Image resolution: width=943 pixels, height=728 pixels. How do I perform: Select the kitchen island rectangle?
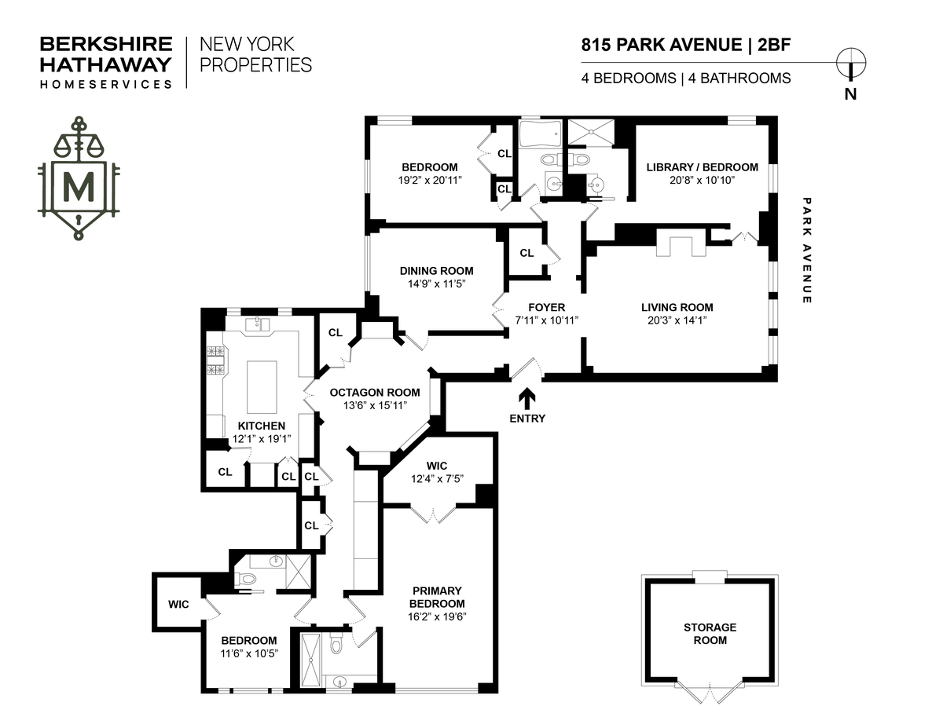(x=262, y=386)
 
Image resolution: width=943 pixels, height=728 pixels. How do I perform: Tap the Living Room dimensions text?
(x=677, y=321)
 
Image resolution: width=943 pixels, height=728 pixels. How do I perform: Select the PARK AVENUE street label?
(x=806, y=251)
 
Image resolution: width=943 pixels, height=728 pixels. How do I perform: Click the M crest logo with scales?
(x=78, y=179)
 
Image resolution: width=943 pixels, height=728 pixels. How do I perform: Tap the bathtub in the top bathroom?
(x=539, y=134)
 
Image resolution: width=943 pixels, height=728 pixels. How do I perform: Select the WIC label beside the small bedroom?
(x=178, y=605)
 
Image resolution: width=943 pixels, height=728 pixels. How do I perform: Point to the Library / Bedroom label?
(x=702, y=167)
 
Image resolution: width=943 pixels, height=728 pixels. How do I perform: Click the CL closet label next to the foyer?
(x=527, y=253)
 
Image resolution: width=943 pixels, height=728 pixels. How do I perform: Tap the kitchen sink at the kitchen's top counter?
(x=258, y=325)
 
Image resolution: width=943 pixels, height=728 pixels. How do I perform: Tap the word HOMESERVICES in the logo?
(x=106, y=83)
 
